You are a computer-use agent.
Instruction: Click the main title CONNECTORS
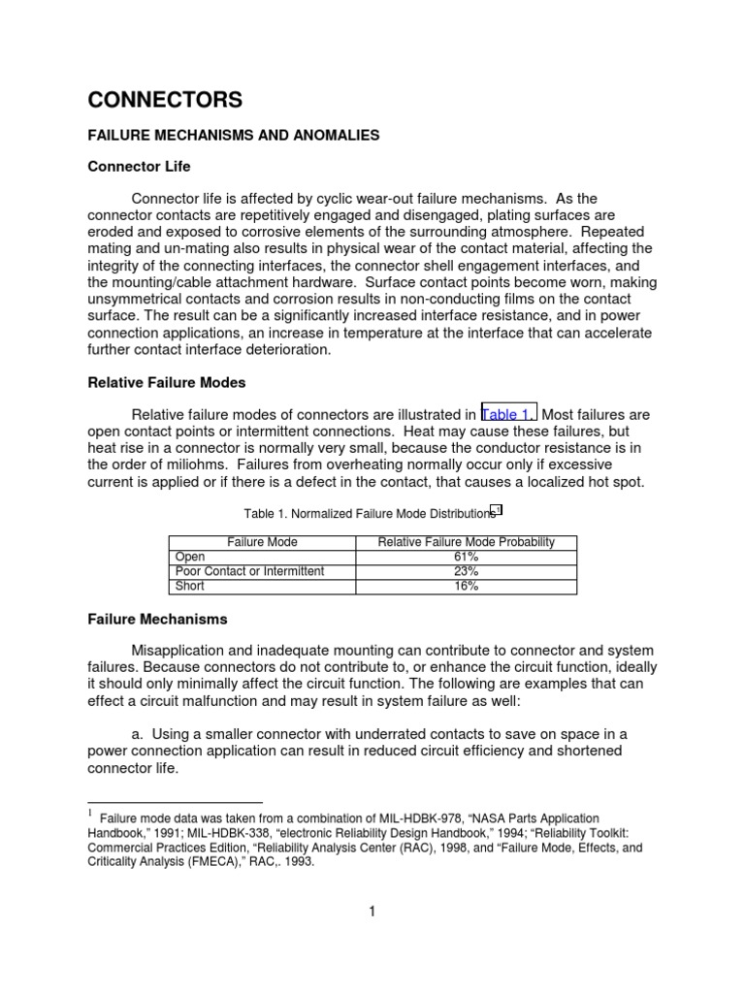(165, 100)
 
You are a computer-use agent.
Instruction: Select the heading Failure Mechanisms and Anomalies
(233, 136)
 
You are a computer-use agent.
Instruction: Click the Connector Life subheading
(140, 168)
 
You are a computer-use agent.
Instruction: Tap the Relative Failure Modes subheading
(166, 382)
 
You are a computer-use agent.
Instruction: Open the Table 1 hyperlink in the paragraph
(507, 414)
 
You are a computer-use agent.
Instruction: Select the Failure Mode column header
(262, 542)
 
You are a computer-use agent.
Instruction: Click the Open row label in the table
(189, 557)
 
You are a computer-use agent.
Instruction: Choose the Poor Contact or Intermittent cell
(249, 571)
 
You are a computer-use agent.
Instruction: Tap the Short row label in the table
(190, 586)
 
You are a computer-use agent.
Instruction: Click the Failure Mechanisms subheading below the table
(157, 619)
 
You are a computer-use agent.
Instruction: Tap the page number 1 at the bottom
(372, 911)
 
